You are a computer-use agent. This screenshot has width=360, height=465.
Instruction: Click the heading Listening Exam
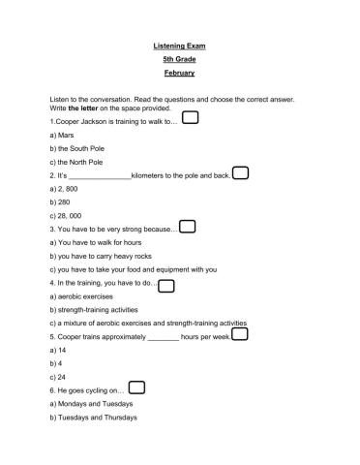tap(179, 46)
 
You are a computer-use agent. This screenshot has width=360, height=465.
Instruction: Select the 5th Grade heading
tap(179, 59)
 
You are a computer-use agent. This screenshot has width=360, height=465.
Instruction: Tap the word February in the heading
tap(179, 73)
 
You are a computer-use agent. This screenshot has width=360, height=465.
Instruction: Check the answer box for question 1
tap(191, 118)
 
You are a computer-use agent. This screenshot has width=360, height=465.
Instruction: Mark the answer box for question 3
tap(188, 227)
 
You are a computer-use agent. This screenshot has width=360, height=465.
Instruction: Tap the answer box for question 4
tap(165, 285)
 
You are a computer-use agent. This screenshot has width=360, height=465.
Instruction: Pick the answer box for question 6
tap(136, 387)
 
